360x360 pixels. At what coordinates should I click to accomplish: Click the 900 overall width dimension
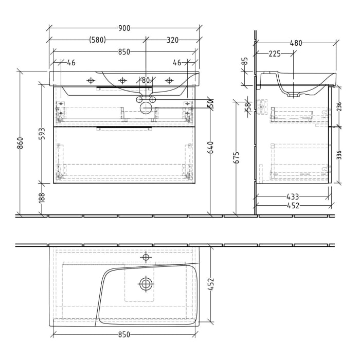coord(124,28)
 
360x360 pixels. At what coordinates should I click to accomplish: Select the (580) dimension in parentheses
coord(98,40)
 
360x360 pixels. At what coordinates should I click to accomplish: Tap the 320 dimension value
coord(172,40)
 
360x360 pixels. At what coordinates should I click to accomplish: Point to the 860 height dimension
coord(20,143)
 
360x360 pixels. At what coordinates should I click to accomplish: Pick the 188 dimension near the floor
coord(42,198)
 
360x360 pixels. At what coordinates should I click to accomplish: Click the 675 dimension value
coord(236,157)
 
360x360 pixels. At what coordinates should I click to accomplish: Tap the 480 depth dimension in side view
coord(296,43)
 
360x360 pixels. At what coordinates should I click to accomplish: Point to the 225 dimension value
coord(274,53)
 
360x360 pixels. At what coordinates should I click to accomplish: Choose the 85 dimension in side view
coord(245,61)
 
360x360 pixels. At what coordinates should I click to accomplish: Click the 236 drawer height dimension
coord(338,106)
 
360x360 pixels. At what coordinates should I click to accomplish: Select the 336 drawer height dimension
coord(338,155)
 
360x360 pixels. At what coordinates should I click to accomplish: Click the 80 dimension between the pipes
coord(146,80)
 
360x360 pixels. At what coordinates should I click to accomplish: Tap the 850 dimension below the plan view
coord(123,335)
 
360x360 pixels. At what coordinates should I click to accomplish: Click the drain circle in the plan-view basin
coord(146,283)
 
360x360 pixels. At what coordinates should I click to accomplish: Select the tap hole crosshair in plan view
coord(146,257)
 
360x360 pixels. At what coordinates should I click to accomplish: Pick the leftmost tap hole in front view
coord(91,80)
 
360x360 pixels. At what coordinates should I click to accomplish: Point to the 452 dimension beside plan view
coord(210,284)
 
